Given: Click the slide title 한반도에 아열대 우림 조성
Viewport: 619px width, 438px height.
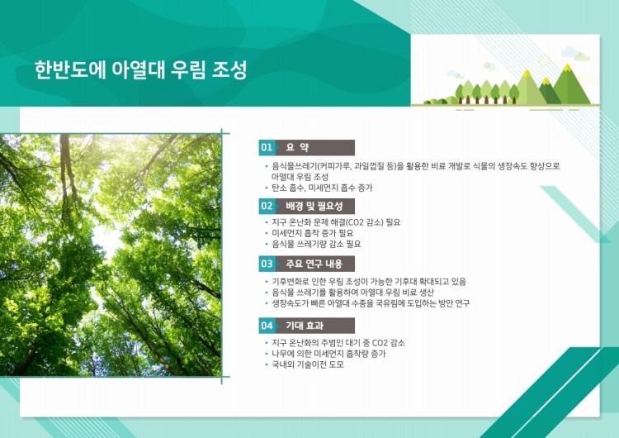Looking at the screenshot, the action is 140,70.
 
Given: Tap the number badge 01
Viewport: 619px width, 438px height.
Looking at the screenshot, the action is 267,147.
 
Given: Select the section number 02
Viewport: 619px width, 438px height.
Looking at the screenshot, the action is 267,206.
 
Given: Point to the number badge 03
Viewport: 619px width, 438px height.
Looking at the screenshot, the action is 267,264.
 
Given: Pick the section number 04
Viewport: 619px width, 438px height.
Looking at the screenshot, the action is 267,326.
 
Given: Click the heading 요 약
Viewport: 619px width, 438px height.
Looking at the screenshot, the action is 297,147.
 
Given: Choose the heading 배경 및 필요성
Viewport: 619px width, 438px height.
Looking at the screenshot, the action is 314,206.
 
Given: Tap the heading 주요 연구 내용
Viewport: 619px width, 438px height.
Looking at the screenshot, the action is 314,264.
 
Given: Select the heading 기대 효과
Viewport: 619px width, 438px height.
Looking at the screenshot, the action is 305,326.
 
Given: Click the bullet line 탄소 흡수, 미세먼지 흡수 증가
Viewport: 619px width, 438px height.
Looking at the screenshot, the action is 322,188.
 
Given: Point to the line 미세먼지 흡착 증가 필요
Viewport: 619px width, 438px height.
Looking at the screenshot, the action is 312,233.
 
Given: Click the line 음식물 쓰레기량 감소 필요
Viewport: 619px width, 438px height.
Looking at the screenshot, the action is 316,244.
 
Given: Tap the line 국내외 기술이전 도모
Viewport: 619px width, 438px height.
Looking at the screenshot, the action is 308,364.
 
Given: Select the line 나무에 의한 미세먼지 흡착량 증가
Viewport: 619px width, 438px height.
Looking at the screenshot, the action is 328,354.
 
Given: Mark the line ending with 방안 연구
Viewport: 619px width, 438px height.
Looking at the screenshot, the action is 371,303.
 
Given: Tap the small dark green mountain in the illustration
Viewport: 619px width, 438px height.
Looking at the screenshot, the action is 546,91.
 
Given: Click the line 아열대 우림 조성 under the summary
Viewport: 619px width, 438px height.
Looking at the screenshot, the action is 300,177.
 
